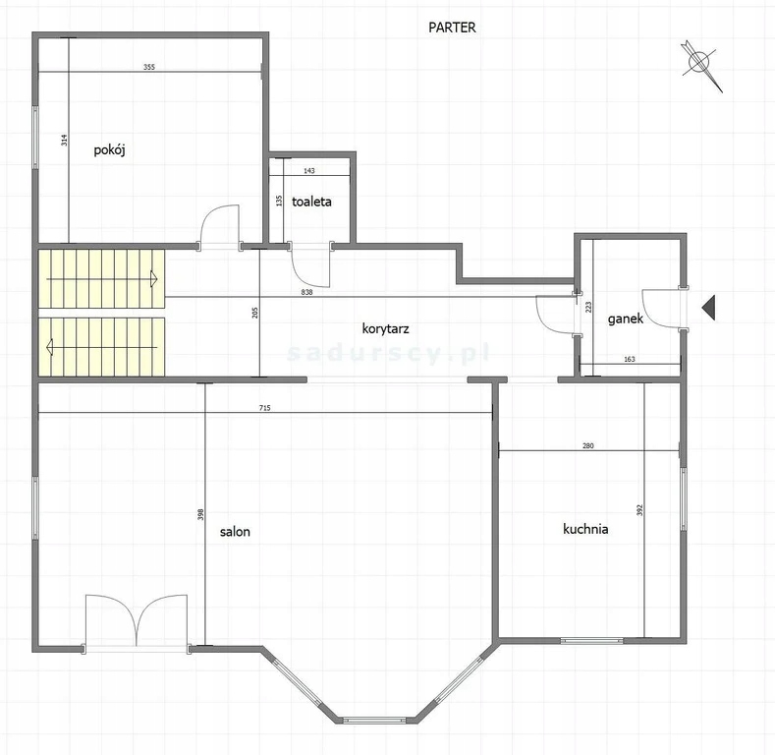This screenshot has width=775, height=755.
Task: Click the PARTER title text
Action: click(x=452, y=28)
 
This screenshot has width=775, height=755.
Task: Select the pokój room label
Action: click(x=109, y=149)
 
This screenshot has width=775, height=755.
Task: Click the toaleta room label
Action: click(x=311, y=202)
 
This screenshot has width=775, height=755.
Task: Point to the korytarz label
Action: click(x=385, y=329)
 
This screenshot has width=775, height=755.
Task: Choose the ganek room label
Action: click(x=626, y=319)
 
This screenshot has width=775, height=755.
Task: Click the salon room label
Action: click(x=235, y=532)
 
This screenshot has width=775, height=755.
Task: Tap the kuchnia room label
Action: click(x=585, y=529)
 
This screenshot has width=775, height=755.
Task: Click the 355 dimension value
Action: click(x=148, y=67)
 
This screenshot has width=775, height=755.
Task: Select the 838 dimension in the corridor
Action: click(x=306, y=292)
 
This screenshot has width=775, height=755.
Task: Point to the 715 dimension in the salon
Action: click(x=265, y=408)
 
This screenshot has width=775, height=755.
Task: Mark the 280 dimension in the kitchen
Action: click(x=587, y=445)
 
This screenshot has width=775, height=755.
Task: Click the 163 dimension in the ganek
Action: click(x=630, y=359)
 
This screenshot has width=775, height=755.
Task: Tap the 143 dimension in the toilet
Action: click(x=309, y=171)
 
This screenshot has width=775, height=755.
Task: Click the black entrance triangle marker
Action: click(x=708, y=308)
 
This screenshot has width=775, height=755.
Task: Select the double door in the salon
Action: click(x=137, y=621)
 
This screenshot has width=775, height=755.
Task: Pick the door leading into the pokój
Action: click(x=220, y=225)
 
